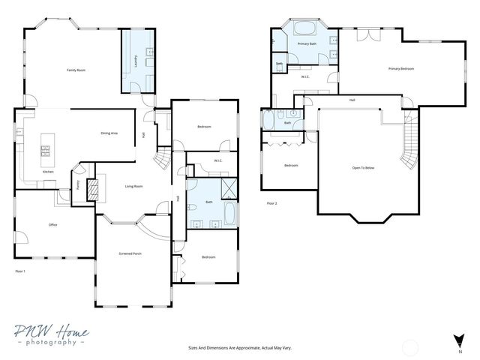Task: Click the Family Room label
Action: pyautogui.click(x=76, y=70)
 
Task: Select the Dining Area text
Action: pyautogui.click(x=109, y=133)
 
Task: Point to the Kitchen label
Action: pyautogui.click(x=48, y=172)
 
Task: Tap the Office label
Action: pyautogui.click(x=53, y=224)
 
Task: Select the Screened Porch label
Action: pyautogui.click(x=130, y=253)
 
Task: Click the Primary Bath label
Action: pyautogui.click(x=306, y=44)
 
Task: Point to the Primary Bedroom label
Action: pyautogui.click(x=400, y=69)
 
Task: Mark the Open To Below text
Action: pyautogui.click(x=363, y=167)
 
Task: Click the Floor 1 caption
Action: pyautogui.click(x=20, y=271)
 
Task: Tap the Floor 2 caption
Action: pyautogui.click(x=272, y=203)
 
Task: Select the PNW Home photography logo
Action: pyautogui.click(x=51, y=335)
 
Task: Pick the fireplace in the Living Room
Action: pyautogui.click(x=92, y=190)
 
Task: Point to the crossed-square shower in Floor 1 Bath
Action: pyautogui.click(x=229, y=187)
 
